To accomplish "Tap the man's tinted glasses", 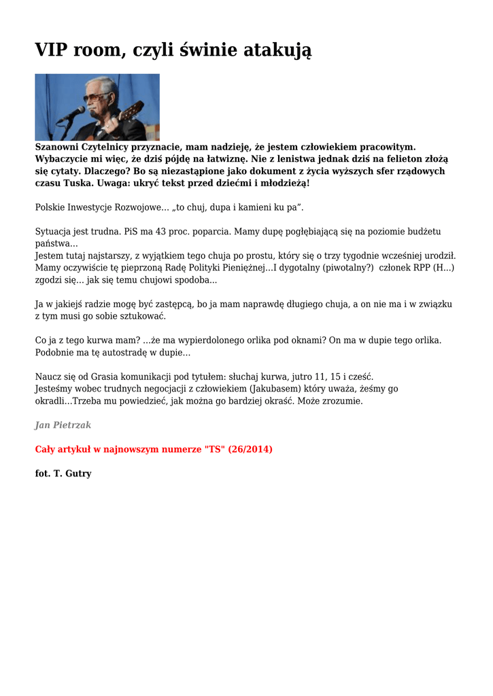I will click(99, 97).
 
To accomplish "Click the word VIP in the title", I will click(51, 50).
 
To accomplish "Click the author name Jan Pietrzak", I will click(63, 425).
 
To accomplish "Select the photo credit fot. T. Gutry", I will click(63, 473).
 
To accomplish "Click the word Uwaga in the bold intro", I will click(116, 184).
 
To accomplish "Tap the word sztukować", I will click(141, 316).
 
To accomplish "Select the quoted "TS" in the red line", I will click(213, 449).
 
